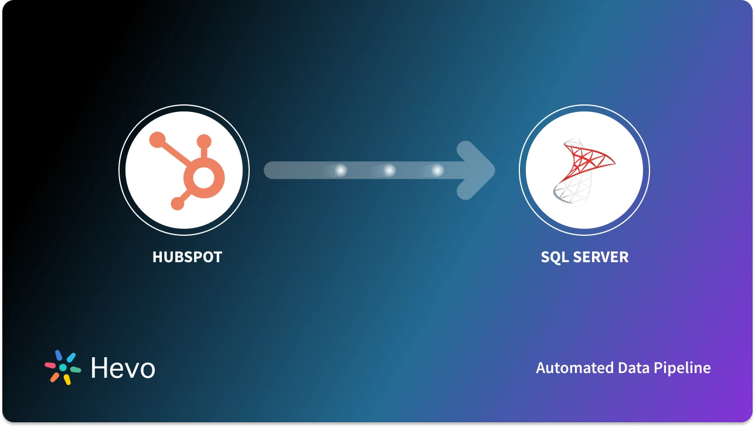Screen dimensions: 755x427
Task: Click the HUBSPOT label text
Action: (x=187, y=257)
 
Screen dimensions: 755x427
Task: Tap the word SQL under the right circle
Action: (x=555, y=257)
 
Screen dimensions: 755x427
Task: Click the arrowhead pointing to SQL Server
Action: (x=478, y=170)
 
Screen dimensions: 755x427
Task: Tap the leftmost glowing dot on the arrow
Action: (x=341, y=171)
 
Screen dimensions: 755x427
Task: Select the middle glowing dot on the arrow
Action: (x=389, y=171)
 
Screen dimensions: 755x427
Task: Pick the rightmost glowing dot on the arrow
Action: (x=437, y=171)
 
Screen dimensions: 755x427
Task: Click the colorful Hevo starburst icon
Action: (x=63, y=367)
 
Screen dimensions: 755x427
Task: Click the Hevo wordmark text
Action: (x=123, y=368)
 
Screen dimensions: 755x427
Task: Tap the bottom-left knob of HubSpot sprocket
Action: (x=176, y=204)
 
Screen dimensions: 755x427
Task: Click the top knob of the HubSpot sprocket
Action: (x=203, y=141)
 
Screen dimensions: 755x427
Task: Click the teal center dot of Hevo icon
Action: (x=63, y=367)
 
